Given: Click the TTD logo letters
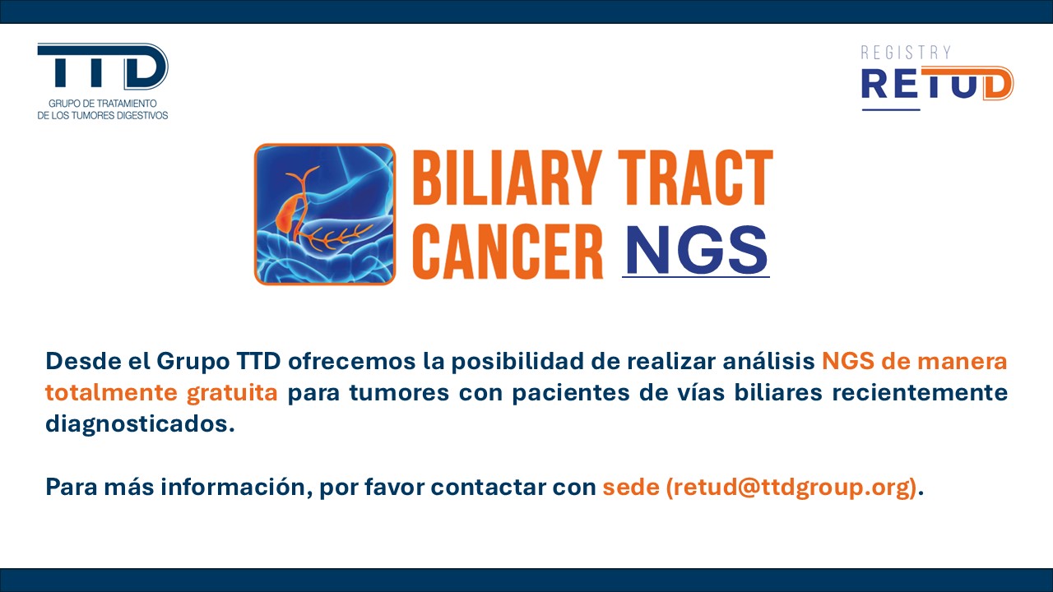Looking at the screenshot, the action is pyautogui.click(x=103, y=66).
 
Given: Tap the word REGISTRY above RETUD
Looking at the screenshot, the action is pyautogui.click(x=907, y=53).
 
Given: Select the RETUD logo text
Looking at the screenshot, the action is pyautogui.click(x=937, y=84).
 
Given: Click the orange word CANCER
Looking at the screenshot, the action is pyautogui.click(x=508, y=251).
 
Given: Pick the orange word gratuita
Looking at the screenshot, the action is pyautogui.click(x=232, y=393).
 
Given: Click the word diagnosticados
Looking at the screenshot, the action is pyautogui.click(x=140, y=424).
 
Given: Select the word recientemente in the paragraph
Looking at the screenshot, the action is pyautogui.click(x=920, y=392).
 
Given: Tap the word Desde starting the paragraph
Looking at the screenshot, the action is pyautogui.click(x=83, y=361).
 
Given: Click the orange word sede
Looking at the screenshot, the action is pyautogui.click(x=631, y=487).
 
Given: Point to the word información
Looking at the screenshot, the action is pyautogui.click(x=236, y=487).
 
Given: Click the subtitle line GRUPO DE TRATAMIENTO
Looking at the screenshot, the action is pyautogui.click(x=103, y=104).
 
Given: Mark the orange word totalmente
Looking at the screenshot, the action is pyautogui.click(x=111, y=392).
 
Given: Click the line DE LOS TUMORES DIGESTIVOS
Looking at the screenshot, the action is pyautogui.click(x=103, y=116).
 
